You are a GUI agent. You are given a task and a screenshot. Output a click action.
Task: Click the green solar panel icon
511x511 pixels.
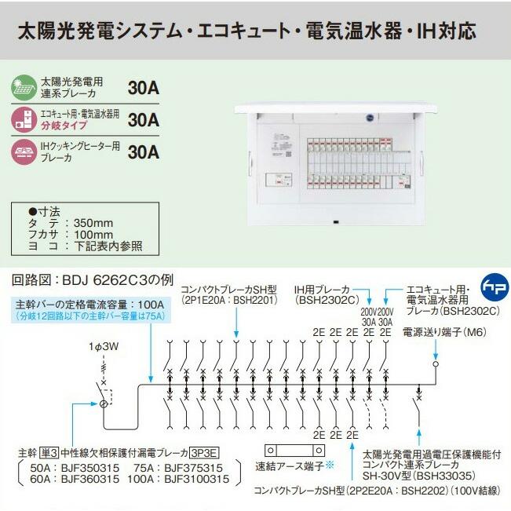point(26,86)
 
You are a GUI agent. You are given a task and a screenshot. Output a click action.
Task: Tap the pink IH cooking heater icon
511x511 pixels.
point(26,150)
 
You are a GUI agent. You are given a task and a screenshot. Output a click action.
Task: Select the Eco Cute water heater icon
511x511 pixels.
point(26,119)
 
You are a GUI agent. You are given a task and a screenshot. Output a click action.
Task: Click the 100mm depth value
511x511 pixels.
point(93,234)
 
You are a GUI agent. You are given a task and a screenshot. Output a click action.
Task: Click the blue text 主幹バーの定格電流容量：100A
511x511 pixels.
point(89,304)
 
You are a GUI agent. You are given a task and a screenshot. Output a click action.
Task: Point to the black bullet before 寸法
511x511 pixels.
point(32,210)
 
